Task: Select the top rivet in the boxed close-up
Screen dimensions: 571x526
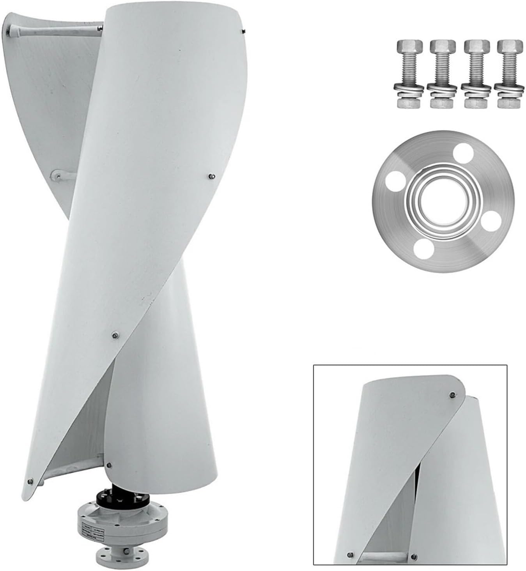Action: [x=452, y=394]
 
